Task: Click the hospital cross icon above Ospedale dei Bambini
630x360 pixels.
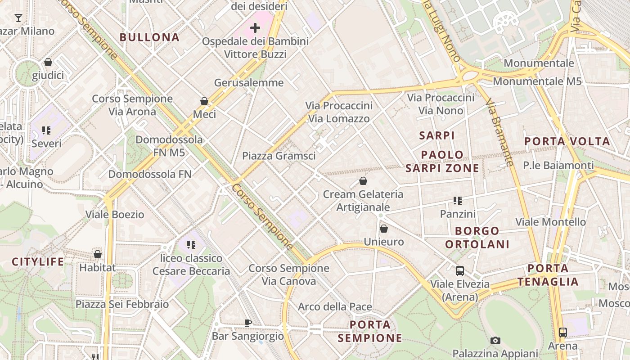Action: [255, 28]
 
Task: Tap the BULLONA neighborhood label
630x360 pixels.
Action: [149, 37]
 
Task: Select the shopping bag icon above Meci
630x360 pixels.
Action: [204, 101]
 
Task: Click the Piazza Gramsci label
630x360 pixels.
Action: [279, 156]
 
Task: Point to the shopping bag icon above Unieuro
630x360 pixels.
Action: [384, 229]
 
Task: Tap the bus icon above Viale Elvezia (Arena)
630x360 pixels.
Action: [460, 271]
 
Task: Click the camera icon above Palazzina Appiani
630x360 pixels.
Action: [495, 340]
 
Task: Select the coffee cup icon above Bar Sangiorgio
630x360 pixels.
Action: [247, 322]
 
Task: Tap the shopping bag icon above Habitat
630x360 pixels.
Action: [98, 254]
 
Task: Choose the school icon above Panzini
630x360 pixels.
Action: [458, 201]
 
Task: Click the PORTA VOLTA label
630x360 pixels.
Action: [567, 141]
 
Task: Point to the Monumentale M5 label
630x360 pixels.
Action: [537, 81]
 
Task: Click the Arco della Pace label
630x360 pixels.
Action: [335, 307]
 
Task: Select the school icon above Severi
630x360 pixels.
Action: [46, 130]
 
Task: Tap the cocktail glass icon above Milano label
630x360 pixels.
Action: [18, 18]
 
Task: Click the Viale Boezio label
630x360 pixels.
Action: [115, 214]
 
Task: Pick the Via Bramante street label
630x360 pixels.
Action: [500, 133]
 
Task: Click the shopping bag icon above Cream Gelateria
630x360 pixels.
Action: [363, 181]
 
